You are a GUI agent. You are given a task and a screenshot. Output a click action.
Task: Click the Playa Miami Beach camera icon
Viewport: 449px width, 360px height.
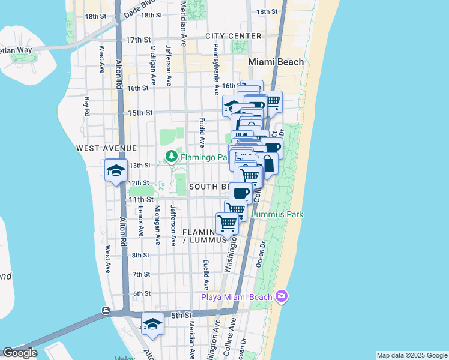(282, 296)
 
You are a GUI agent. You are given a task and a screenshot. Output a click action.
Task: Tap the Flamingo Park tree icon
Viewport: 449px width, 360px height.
(172, 157)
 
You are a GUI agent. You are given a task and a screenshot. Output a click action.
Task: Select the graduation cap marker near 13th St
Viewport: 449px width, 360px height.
(116, 171)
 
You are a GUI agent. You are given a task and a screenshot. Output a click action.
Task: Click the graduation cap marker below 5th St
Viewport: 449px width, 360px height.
(153, 325)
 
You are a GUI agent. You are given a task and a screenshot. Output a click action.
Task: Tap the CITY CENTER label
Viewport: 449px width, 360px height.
(234, 36)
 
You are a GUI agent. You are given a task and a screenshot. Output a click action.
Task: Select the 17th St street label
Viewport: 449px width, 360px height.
(137, 40)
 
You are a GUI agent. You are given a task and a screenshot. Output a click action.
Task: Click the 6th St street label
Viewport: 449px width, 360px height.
(142, 293)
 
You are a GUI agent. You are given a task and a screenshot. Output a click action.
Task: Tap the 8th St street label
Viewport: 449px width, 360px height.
(141, 255)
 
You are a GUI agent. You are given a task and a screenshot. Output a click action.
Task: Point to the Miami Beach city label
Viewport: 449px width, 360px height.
(277, 62)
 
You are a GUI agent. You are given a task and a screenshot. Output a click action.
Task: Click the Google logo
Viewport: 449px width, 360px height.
(19, 353)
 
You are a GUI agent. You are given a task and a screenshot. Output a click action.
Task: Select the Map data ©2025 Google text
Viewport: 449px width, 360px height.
(411, 355)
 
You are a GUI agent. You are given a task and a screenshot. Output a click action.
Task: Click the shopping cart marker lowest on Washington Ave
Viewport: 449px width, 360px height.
(228, 223)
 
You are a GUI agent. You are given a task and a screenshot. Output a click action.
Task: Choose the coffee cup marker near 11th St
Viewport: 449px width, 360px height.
(241, 193)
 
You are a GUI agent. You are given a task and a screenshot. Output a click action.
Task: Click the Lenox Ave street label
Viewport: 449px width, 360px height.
(140, 221)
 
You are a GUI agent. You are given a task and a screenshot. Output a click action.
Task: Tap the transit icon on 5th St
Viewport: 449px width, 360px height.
(106, 310)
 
